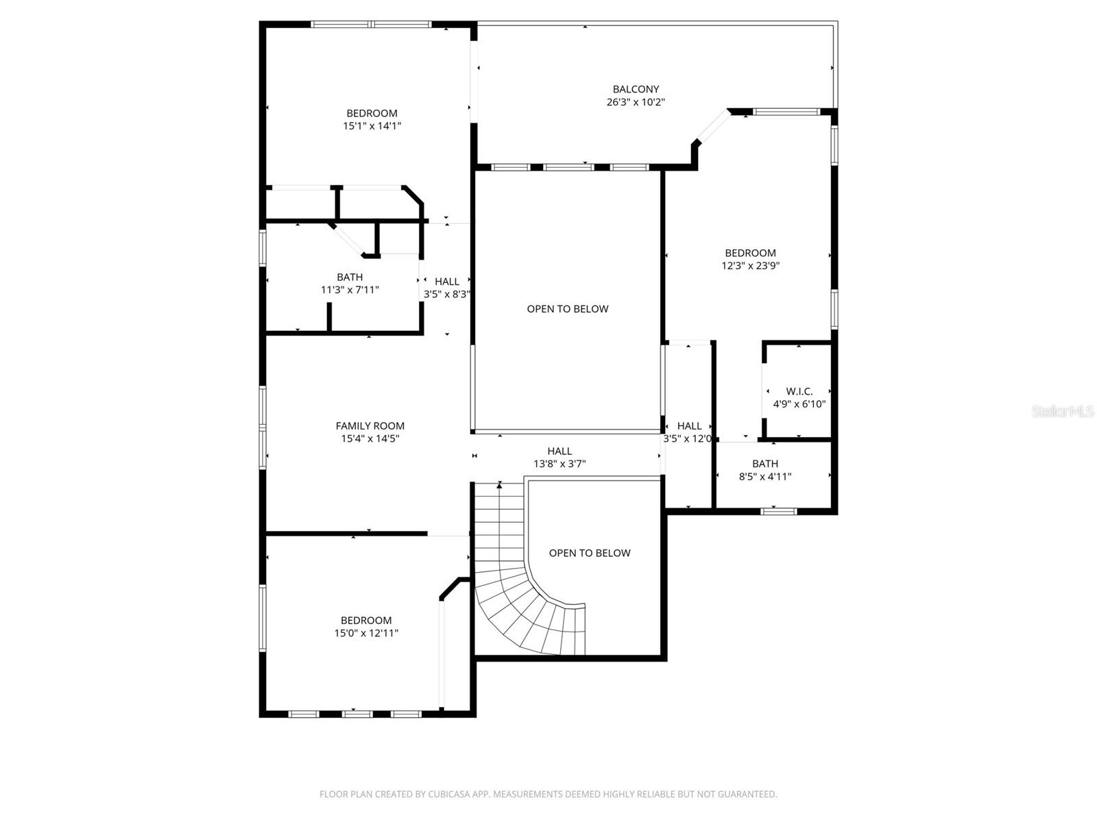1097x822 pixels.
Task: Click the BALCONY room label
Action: [636, 89]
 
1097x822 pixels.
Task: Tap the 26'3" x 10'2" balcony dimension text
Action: [636, 102]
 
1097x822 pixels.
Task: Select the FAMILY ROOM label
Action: [370, 426]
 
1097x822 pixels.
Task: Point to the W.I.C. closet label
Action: [799, 391]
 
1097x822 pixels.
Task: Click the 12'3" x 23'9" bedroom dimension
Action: [750, 266]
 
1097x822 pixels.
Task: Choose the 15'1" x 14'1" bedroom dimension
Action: [372, 126]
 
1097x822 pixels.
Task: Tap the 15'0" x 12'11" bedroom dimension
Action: [366, 634]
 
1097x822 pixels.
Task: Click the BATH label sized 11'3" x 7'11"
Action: [350, 277]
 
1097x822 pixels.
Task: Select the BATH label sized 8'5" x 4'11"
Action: [764, 464]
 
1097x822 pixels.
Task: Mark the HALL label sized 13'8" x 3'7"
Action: [559, 451]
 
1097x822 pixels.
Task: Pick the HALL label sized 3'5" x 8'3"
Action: [447, 282]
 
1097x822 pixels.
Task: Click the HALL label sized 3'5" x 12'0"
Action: [689, 426]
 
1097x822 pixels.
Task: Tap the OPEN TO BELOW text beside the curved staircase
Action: [589, 553]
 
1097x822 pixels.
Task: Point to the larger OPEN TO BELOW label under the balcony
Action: [567, 309]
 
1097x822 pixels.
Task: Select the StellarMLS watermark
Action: [1062, 411]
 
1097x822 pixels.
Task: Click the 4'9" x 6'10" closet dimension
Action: [799, 404]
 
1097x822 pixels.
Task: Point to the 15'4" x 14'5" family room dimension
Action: [370, 439]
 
